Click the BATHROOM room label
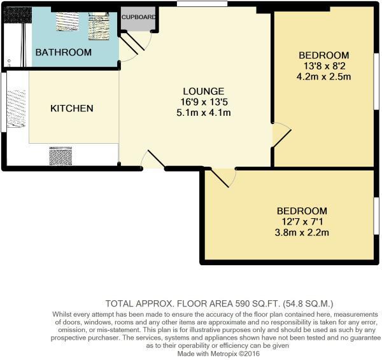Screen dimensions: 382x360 tap(64, 52)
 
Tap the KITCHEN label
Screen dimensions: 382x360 tap(72, 108)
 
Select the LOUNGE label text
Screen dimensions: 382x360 tap(204, 92)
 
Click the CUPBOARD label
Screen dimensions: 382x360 tap(138, 17)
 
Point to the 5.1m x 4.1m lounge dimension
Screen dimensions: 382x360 tap(204, 113)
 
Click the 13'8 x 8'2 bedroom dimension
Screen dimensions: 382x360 tap(324, 66)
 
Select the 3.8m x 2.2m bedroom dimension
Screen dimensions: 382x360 tap(302, 232)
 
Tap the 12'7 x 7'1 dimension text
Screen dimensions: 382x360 tap(302, 222)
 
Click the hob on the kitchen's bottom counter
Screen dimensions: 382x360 tap(60, 156)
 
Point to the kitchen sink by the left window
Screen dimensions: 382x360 tap(17, 109)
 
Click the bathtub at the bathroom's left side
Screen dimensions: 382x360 tap(15, 45)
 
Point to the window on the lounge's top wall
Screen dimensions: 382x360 tap(202, 4)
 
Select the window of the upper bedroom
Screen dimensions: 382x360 tap(377, 81)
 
